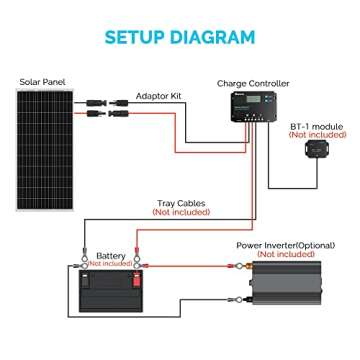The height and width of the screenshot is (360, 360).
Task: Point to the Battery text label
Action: [x=111, y=256]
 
